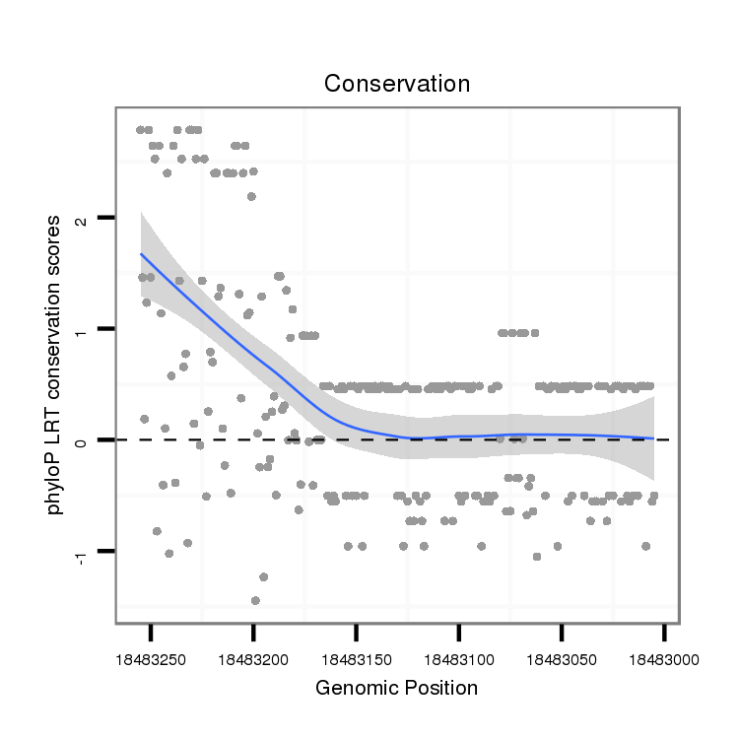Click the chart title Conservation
click(397, 84)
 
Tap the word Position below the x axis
click(441, 688)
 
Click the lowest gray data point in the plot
click(255, 600)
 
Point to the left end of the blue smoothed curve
click(142, 254)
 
